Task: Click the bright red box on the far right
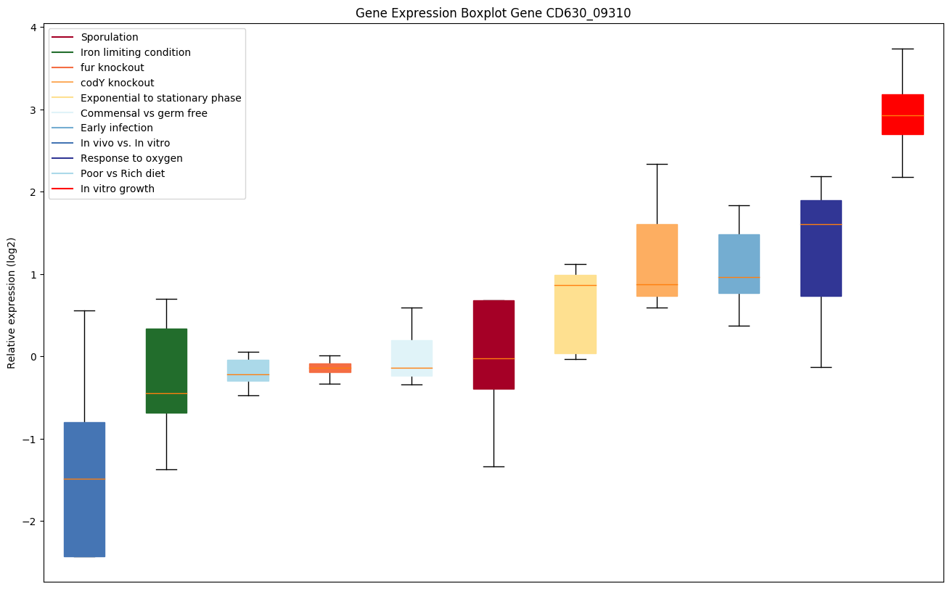(902, 114)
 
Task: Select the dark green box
(166, 371)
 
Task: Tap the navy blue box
(821, 248)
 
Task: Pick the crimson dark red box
(494, 345)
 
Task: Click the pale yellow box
(576, 314)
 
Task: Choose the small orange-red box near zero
(330, 368)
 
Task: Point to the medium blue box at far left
(84, 489)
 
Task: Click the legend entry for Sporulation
(110, 37)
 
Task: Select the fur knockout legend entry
(112, 67)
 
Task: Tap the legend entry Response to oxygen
(131, 158)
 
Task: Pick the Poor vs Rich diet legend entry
(123, 173)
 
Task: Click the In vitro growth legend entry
(118, 189)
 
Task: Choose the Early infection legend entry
(117, 128)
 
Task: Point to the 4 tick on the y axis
(33, 28)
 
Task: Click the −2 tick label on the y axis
(30, 522)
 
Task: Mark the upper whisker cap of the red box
(902, 49)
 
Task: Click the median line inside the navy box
(821, 224)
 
